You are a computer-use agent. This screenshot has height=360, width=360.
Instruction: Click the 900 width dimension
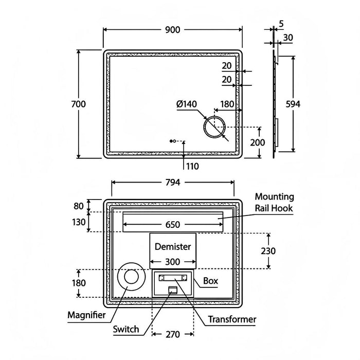tap(173, 30)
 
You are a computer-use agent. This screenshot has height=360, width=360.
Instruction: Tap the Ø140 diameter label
tap(187, 104)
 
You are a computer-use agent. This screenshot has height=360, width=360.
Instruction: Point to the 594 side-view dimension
tap(293, 104)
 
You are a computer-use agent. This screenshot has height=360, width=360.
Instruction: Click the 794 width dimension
tap(173, 182)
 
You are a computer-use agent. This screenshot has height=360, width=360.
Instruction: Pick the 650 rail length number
tap(172, 224)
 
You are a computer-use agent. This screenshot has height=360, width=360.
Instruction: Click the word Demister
tap(173, 247)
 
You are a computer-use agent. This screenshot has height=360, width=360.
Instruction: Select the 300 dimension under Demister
tap(173, 261)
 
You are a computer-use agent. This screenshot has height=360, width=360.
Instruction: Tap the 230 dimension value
tap(268, 251)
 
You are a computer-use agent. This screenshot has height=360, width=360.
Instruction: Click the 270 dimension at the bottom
tap(173, 334)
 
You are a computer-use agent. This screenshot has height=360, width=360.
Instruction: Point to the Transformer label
tap(232, 319)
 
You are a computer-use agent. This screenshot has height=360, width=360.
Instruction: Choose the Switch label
tap(125, 329)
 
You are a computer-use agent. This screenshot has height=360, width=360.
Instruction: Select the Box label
tap(211, 281)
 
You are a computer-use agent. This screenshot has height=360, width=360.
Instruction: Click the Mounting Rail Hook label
tap(275, 202)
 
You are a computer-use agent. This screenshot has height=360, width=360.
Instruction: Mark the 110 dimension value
tap(192, 166)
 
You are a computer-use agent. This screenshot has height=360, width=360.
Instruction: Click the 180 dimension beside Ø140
tap(227, 104)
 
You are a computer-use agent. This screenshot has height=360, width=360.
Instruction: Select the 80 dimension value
tap(78, 206)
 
